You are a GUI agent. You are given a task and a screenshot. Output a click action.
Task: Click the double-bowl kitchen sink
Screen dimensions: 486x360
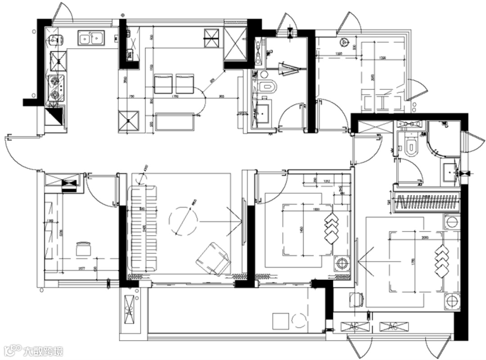(x=91, y=38)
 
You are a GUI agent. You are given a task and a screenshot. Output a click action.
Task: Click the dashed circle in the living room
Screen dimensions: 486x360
(x=183, y=220)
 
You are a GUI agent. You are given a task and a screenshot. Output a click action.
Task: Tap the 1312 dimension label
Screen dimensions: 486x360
(x=327, y=181)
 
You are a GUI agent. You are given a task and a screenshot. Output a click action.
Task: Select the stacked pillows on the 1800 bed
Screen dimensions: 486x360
(x=332, y=228)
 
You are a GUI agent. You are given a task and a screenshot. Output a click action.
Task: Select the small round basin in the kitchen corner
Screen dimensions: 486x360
(x=56, y=40)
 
